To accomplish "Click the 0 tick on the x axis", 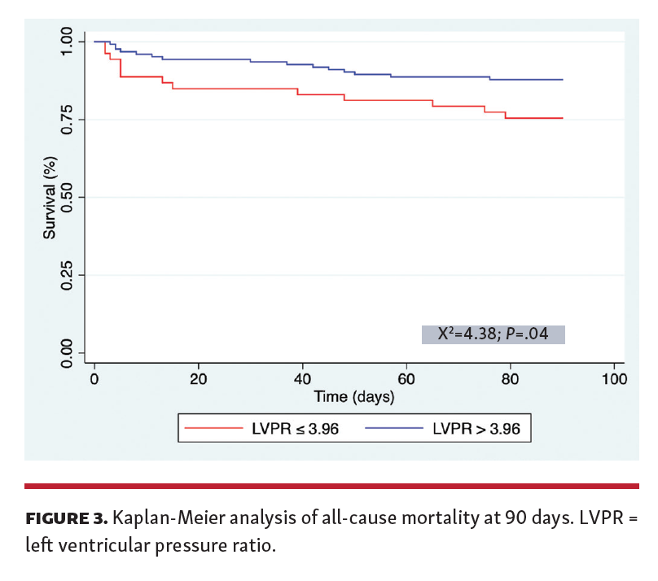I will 94,378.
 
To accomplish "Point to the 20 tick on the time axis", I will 199,378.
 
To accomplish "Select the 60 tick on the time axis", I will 406,378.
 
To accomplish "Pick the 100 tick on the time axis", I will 614,378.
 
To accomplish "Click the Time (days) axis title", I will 354,397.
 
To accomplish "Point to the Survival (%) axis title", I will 50,198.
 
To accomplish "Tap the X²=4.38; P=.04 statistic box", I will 493,334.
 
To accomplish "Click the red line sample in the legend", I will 213,427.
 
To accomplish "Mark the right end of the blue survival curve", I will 563,80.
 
